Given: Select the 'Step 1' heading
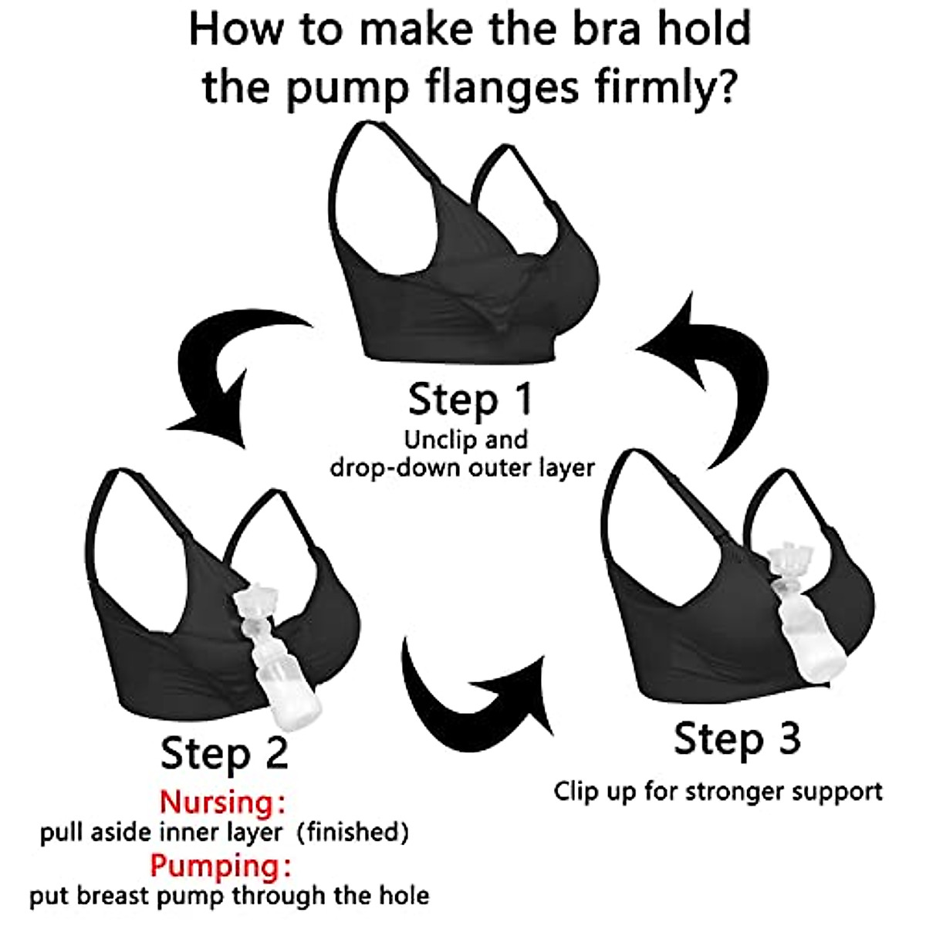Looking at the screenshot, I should point(469,400).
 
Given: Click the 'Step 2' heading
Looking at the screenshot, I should point(224,752).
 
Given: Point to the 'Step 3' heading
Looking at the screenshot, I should point(737,738).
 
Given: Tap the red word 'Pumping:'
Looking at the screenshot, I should point(221,866).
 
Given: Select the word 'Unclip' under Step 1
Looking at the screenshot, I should point(438,440).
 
